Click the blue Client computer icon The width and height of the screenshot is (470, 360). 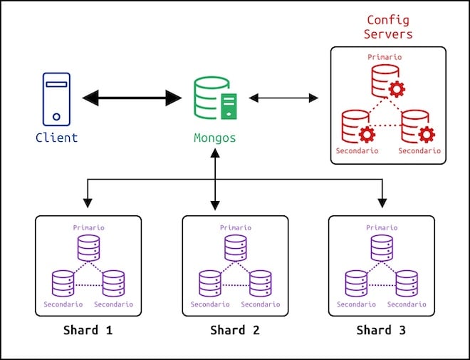56,98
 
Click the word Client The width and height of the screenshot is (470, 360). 56,137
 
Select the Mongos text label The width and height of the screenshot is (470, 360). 215,137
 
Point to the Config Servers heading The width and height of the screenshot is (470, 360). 388,27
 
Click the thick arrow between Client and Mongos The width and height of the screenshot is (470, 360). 132,98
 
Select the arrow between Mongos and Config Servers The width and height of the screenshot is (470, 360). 283,98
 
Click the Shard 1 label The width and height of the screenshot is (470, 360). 88,330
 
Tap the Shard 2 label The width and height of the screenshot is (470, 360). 235,330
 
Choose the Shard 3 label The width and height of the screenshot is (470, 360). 382,330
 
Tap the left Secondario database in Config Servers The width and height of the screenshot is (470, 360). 356,126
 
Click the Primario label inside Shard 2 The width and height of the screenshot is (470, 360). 235,227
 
